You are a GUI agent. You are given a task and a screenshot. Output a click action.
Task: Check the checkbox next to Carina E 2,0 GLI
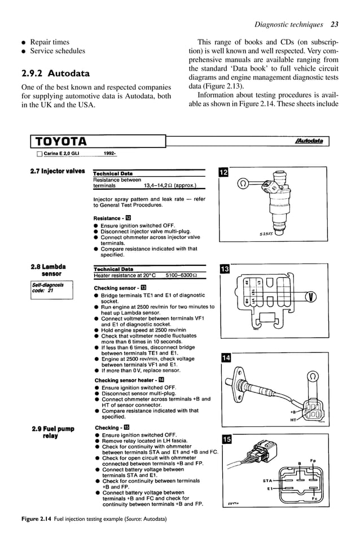tap(39, 154)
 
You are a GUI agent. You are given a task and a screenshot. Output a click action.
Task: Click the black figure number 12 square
tap(223, 172)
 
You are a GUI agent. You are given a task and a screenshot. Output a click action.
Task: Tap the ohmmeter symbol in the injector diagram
tap(243, 183)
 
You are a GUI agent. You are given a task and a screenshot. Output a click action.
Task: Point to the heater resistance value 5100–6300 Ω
tap(181, 276)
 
